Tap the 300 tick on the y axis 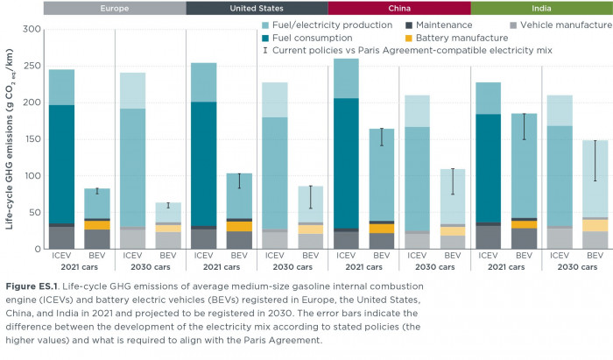tap(30, 29)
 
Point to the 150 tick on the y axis tap(30, 139)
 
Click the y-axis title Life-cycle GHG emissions tap(10, 140)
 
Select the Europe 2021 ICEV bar tap(61, 158)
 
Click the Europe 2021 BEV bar tap(96, 219)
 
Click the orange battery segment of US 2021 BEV tap(239, 226)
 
